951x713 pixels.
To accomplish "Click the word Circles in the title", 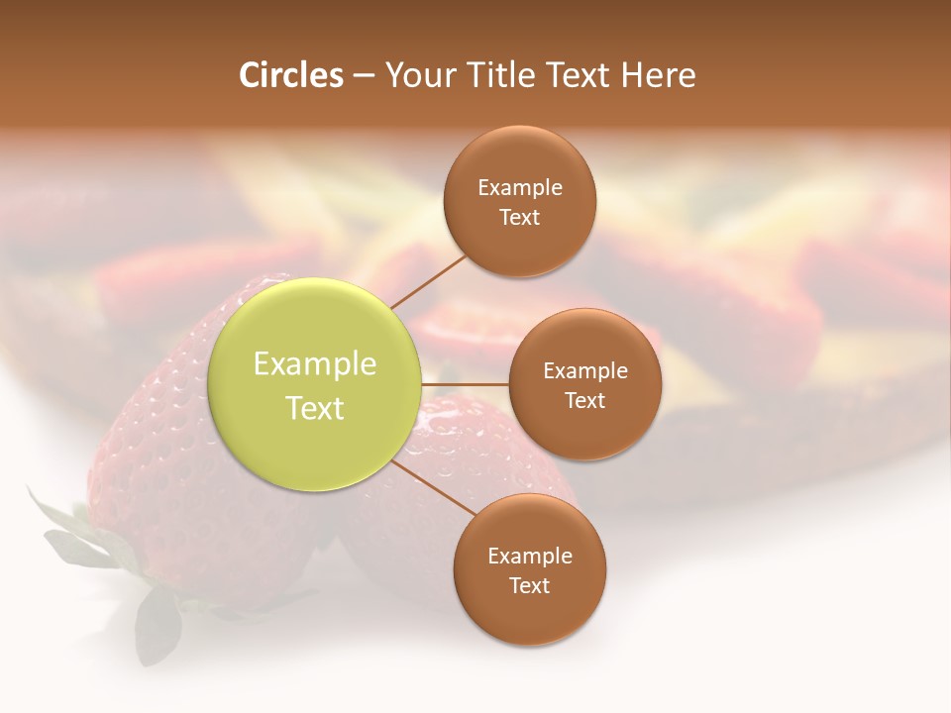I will pos(291,75).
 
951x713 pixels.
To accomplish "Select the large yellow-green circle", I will pos(315,385).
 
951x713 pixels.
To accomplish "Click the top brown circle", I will pos(520,201).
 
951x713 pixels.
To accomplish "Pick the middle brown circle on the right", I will pos(584,384).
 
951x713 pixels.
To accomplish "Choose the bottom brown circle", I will pos(529,569).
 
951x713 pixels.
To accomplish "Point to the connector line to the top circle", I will pos(428,281).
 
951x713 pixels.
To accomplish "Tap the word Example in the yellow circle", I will pos(315,364).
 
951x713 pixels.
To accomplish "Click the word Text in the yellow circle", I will pos(315,408).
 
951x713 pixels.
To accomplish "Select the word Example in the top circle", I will pos(520,187).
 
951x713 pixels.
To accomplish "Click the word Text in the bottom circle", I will pos(529,585).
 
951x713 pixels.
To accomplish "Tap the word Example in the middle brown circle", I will pos(584,370).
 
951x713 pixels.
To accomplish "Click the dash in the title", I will pos(363,75).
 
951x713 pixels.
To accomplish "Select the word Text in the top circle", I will pos(520,217).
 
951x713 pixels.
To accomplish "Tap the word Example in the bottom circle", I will pos(529,556).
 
